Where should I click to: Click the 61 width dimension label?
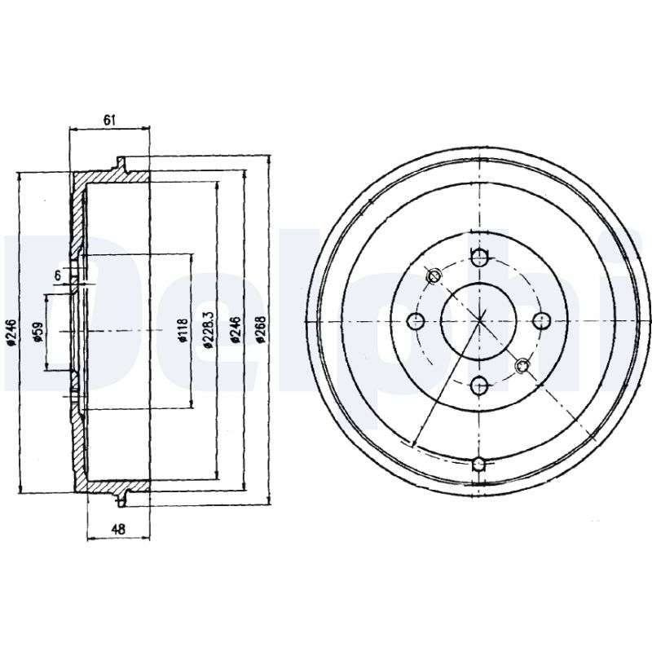click(x=109, y=120)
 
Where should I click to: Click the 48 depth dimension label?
click(x=118, y=529)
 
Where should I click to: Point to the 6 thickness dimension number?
click(x=58, y=275)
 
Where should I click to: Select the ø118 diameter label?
click(x=183, y=331)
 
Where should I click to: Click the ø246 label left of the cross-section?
click(x=11, y=333)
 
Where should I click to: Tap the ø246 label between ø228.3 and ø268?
click(x=236, y=330)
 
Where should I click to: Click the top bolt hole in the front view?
click(x=480, y=257)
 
